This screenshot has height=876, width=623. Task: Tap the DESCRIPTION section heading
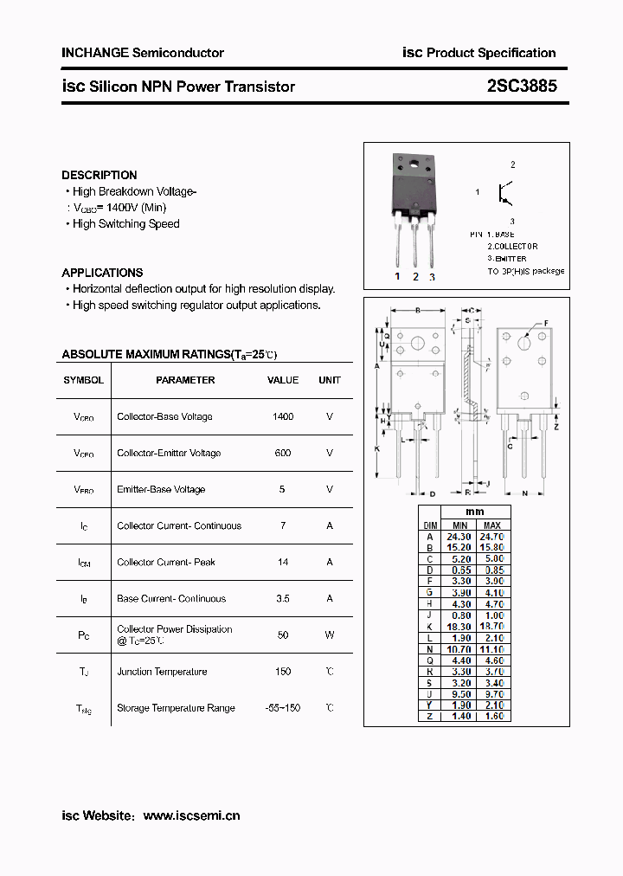click(100, 175)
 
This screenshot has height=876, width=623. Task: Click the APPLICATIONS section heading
click(102, 272)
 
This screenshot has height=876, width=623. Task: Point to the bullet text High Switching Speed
click(125, 223)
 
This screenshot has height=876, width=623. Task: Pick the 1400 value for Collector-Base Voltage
click(283, 416)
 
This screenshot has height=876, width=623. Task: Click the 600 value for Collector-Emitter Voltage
click(283, 453)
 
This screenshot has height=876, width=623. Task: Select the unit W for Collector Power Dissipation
click(330, 634)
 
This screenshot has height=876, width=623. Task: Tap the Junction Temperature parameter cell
click(162, 671)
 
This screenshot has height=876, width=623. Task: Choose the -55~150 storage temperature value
click(283, 707)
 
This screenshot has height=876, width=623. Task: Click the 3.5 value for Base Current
click(283, 598)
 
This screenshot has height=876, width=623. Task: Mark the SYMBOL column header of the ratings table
click(84, 380)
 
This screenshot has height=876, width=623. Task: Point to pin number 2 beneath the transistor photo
click(415, 277)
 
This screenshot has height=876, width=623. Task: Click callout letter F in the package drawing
click(546, 324)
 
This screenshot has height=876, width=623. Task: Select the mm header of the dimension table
click(476, 512)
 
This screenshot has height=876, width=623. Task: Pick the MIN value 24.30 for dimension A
click(459, 537)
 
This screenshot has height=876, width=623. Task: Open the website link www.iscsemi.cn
click(191, 815)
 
